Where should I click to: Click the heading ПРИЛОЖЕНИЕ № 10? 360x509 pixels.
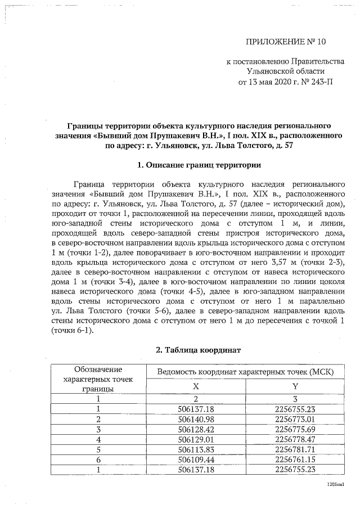(x=286, y=42)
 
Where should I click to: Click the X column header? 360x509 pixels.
(x=196, y=387)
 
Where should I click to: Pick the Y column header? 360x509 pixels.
(x=295, y=387)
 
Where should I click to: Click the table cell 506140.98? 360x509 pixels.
(x=196, y=419)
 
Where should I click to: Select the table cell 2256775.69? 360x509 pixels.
(x=295, y=429)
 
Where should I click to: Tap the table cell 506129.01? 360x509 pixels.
(x=196, y=439)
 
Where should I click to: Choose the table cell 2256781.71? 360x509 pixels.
(x=295, y=449)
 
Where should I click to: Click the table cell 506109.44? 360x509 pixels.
(x=196, y=460)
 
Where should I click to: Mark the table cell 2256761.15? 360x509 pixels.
(x=295, y=460)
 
